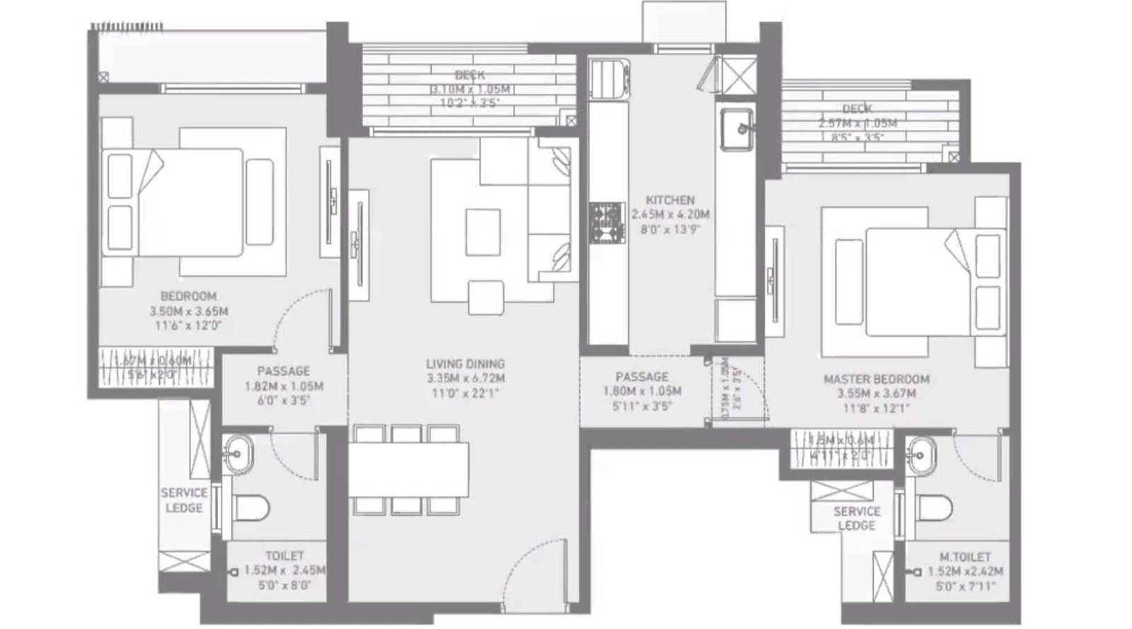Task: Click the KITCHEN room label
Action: coord(669,200)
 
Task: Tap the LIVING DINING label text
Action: coord(465,364)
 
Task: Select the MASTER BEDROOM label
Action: coord(876,379)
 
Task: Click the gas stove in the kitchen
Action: coord(606,223)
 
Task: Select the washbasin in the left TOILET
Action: coord(238,450)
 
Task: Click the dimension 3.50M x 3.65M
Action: coord(188,311)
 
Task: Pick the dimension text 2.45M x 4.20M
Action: coord(670,214)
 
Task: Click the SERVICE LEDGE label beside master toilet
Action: coord(856,518)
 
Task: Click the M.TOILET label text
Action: coord(960,557)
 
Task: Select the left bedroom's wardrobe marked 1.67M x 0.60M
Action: coord(154,367)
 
